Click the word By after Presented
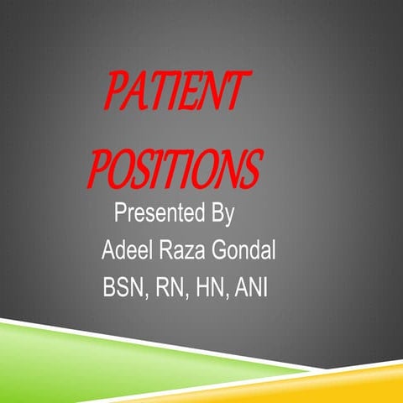point(220,212)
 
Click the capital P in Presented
point(119,212)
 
